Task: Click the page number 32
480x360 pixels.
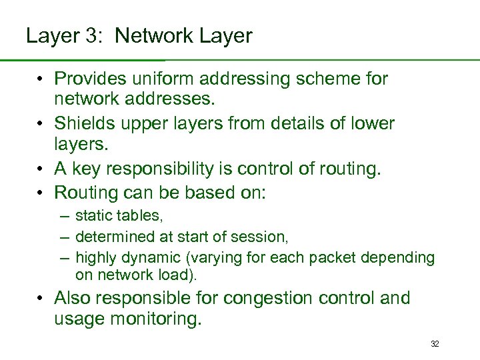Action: [435, 344]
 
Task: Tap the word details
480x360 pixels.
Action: [306, 124]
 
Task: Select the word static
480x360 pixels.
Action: [92, 215]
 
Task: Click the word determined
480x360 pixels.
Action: [113, 236]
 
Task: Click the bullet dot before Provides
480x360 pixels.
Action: [41, 79]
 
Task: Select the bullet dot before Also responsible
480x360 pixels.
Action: [41, 299]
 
